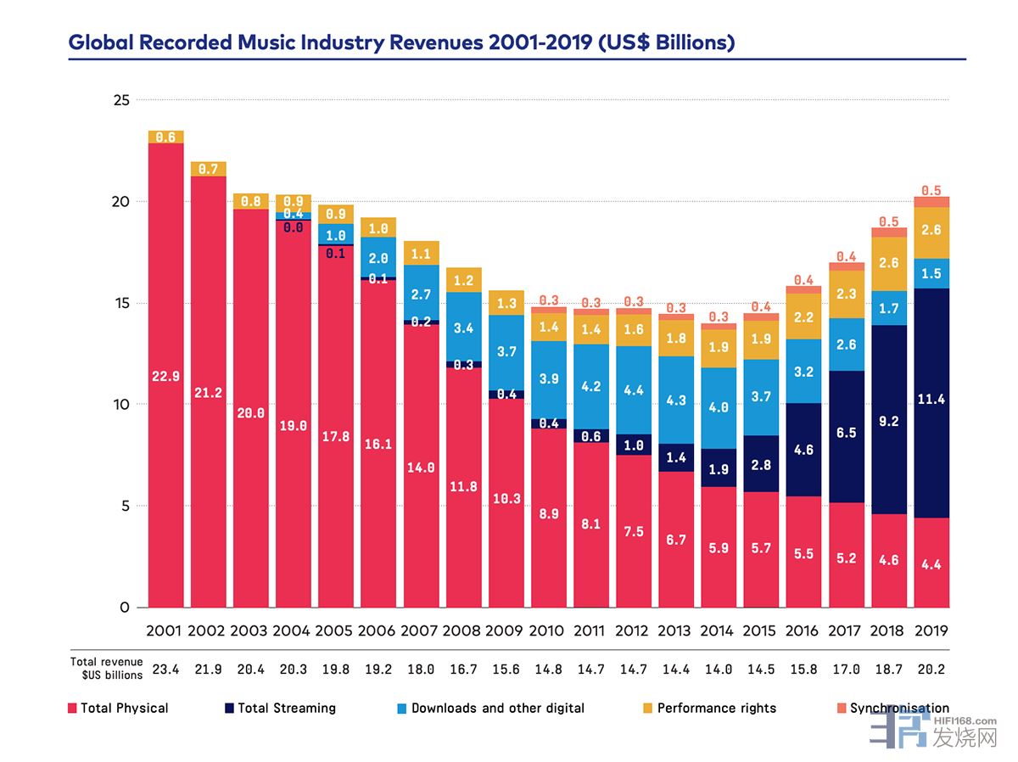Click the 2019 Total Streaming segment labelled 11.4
pyautogui.click(x=931, y=399)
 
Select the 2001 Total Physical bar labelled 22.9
pyautogui.click(x=166, y=376)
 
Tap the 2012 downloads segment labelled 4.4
pyautogui.click(x=634, y=390)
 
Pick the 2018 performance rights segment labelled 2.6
pyautogui.click(x=888, y=264)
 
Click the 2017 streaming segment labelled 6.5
pyautogui.click(x=846, y=433)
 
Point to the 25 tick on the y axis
pyautogui.click(x=121, y=100)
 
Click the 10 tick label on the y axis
pyautogui.click(x=121, y=405)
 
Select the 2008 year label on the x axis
pyautogui.click(x=462, y=631)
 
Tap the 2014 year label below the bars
pyautogui.click(x=718, y=631)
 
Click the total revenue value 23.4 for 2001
pyautogui.click(x=166, y=669)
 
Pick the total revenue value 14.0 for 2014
pyautogui.click(x=718, y=669)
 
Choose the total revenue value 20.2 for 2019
pyautogui.click(x=931, y=669)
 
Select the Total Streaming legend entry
pyautogui.click(x=279, y=708)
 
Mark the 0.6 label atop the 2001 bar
pyautogui.click(x=166, y=137)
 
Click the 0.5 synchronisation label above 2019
pyautogui.click(x=931, y=190)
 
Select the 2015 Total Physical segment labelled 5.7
pyautogui.click(x=761, y=549)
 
